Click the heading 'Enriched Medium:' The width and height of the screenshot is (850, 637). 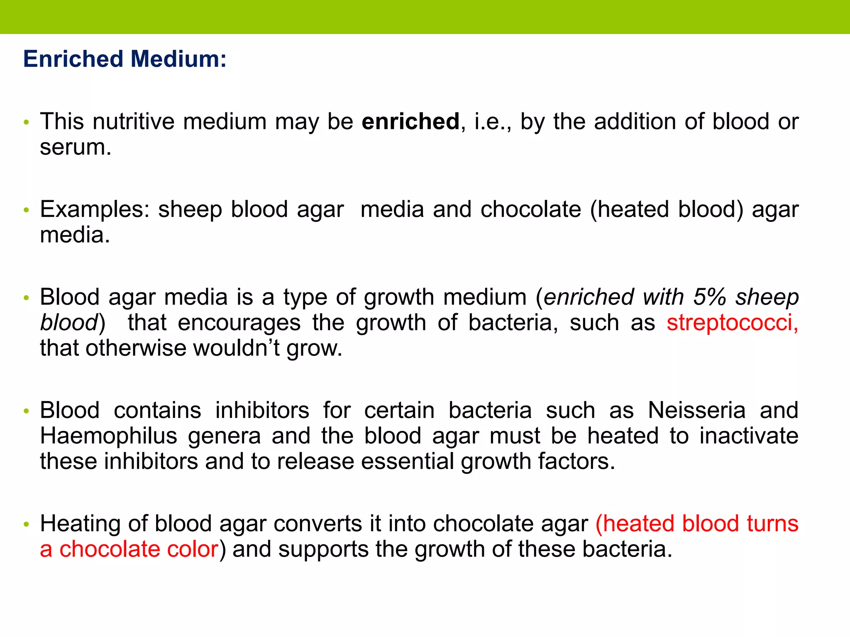point(125,59)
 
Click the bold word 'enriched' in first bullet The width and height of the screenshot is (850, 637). point(410,122)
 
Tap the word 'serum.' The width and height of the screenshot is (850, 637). point(76,147)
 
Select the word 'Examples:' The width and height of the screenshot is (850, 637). point(95,209)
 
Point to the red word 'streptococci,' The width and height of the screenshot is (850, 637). point(732,323)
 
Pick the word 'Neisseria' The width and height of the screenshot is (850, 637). point(697,410)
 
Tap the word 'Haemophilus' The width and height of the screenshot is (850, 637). point(109,436)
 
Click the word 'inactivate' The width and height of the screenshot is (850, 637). point(749,436)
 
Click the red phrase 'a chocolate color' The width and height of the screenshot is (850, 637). point(129,549)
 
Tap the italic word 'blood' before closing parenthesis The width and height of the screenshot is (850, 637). point(68,323)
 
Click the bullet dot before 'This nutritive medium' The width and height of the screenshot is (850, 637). point(27,122)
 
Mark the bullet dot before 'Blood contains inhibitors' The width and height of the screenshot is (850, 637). point(27,411)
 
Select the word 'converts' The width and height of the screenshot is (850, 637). point(318,523)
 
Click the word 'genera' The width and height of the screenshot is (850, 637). point(224,436)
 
